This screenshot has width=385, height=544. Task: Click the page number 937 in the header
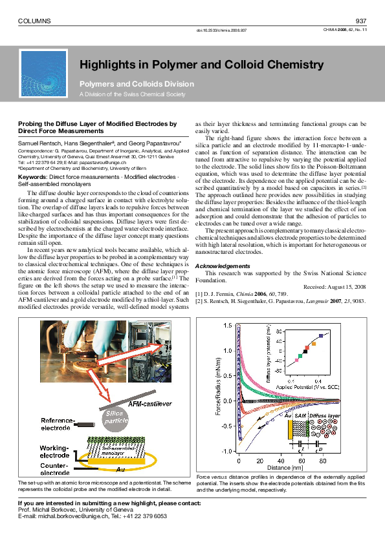point(361,21)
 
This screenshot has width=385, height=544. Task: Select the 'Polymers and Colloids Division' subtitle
point(136,84)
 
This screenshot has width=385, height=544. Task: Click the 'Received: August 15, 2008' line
point(335,286)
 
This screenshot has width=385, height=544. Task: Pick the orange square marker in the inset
point(314,344)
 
